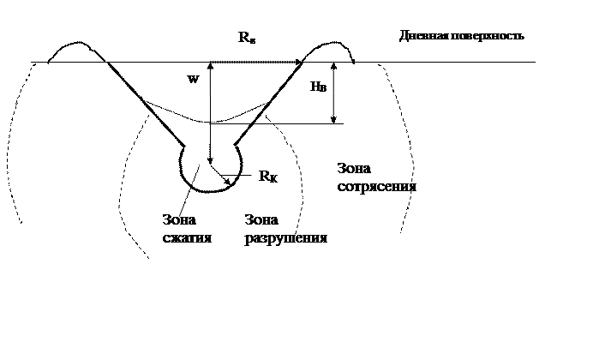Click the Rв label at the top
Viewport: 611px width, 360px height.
247,39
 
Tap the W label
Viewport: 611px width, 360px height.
193,79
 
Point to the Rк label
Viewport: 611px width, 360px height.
268,177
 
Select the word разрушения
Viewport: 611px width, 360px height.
286,237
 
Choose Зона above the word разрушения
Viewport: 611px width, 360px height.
263,219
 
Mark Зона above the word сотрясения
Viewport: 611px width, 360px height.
356,168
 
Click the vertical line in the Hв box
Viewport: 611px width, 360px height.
334,93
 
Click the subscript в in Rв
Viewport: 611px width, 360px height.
252,41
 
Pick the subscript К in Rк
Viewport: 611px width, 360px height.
273,179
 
